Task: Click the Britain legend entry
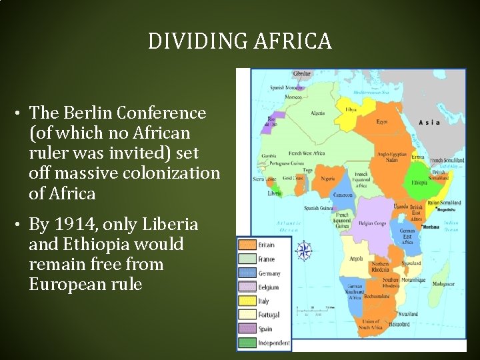coord(265,245)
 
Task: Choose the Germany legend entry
coord(269,273)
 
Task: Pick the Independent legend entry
coord(273,343)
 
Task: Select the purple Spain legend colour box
coord(247,329)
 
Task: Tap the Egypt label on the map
coord(382,122)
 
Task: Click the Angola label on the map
coord(356,257)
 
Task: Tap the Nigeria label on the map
coord(328,179)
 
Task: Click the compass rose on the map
coord(303,251)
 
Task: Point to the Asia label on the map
coord(429,123)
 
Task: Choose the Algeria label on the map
coord(317,113)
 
